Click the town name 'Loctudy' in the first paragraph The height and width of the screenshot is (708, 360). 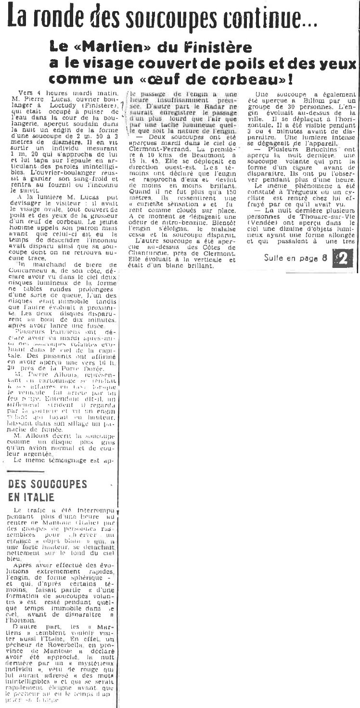pyautogui.click(x=64, y=103)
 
